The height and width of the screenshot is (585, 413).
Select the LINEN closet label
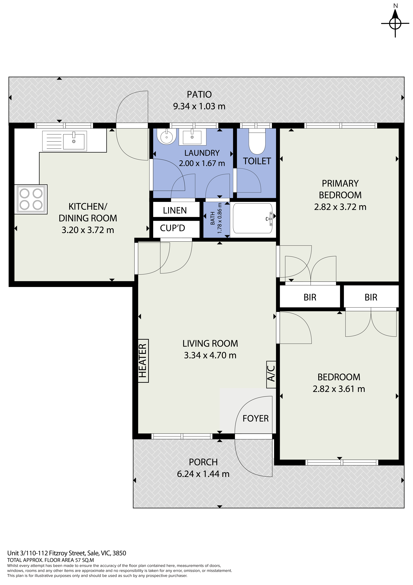pyautogui.click(x=175, y=210)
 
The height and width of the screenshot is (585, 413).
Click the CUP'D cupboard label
pyautogui.click(x=172, y=228)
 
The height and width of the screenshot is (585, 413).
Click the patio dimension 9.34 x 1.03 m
pyautogui.click(x=199, y=106)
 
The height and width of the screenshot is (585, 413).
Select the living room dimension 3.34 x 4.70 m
pyautogui.click(x=210, y=355)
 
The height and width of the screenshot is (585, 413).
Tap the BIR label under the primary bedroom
pyautogui.click(x=310, y=297)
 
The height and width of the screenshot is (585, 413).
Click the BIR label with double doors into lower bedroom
pyautogui.click(x=371, y=297)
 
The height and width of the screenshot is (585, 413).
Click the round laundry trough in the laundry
pyautogui.click(x=167, y=136)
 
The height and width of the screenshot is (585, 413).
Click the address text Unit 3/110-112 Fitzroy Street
pyautogui.click(x=67, y=553)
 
